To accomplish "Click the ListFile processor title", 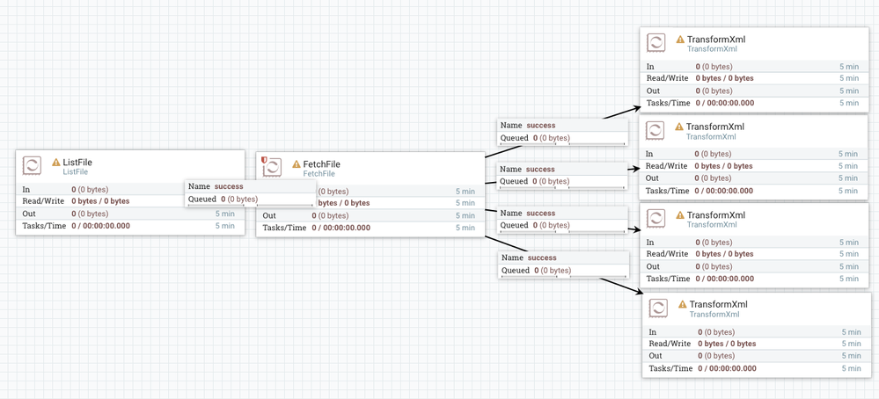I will (77, 162).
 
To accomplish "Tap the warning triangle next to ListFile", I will (56, 163).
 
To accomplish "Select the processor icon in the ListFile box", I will (32, 165).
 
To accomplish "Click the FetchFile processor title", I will (321, 164).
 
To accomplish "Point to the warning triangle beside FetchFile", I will (297, 164).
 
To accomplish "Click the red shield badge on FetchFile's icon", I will (264, 160).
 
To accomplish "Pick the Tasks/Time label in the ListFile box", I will (41, 226).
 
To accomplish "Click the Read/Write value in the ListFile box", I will (100, 201).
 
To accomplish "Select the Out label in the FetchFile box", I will (269, 215).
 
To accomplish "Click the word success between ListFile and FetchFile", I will (229, 186).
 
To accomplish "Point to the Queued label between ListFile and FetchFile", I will (202, 199).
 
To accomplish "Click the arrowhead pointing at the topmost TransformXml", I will (635, 110).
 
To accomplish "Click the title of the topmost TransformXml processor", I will (715, 40).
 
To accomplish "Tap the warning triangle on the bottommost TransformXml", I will (682, 305).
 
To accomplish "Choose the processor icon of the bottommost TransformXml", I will (658, 308).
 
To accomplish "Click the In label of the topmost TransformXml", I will (651, 66).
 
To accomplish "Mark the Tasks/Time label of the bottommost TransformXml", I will (670, 368).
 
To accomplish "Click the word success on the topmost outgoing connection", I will (541, 125).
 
